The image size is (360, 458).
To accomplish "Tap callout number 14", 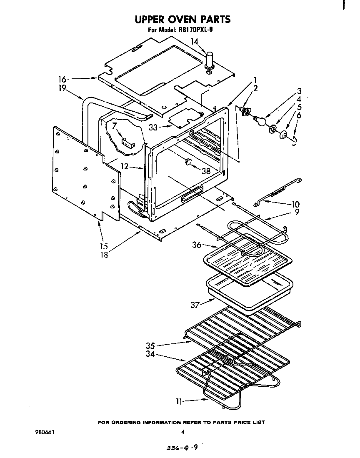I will click(195, 41).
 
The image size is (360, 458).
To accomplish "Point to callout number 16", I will click(62, 79).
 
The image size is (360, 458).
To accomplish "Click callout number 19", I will click(62, 88).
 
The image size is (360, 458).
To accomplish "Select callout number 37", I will click(195, 305).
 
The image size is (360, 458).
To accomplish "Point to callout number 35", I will click(151, 345).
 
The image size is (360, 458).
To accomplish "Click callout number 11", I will click(179, 402).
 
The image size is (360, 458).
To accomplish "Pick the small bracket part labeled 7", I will click(126, 142).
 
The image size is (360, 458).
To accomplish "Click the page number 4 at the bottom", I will click(182, 432).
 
